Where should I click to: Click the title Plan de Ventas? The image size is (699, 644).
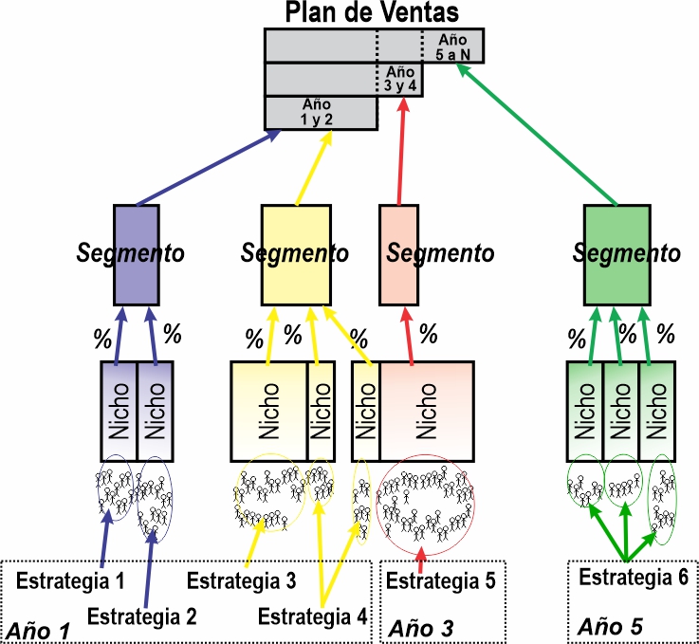click(x=372, y=12)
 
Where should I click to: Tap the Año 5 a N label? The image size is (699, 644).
click(x=452, y=47)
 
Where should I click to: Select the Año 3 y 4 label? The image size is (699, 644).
click(x=400, y=79)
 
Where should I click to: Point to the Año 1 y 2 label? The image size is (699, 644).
click(x=317, y=112)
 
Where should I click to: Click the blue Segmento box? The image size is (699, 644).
click(x=137, y=255)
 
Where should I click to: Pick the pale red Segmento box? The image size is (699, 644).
click(x=398, y=255)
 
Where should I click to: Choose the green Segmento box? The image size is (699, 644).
click(x=617, y=255)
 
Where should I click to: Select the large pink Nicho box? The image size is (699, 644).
click(x=427, y=412)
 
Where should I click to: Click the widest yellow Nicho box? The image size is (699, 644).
click(x=268, y=412)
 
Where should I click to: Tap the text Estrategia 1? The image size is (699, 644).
click(x=70, y=580)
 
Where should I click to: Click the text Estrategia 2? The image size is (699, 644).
click(x=141, y=616)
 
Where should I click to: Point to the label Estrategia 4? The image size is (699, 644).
click(x=312, y=616)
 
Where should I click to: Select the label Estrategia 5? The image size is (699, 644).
click(x=440, y=580)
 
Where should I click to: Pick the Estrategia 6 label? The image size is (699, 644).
click(x=634, y=577)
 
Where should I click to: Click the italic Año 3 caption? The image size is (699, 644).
click(x=420, y=629)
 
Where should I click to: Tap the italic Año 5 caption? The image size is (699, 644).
click(x=610, y=626)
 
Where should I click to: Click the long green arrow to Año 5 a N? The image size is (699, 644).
click(x=537, y=134)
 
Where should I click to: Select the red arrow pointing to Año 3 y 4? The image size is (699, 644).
click(x=401, y=151)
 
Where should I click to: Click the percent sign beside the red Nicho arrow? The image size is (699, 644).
click(x=429, y=334)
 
